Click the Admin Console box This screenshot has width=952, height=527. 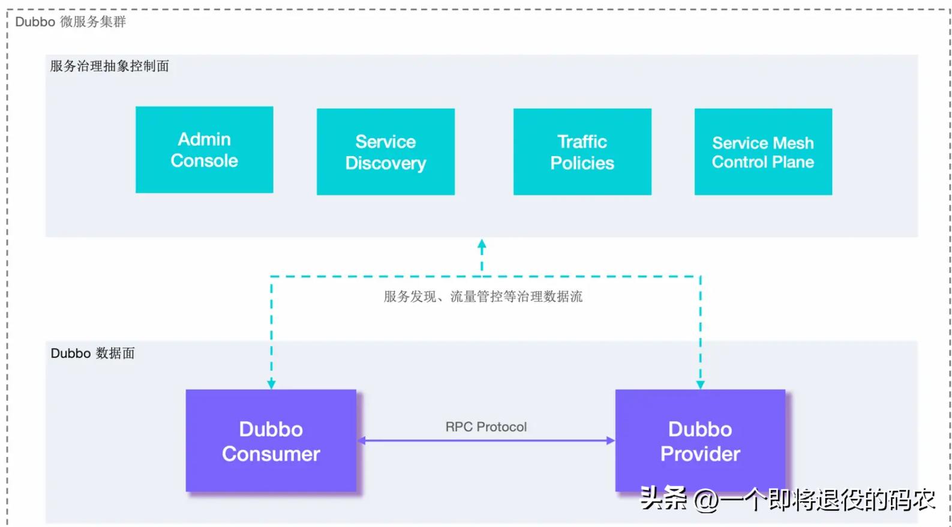coord(204,149)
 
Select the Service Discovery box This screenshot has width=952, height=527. coord(385,152)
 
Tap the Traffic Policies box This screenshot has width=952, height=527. coord(582,152)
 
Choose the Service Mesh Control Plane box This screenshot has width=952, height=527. coord(762,152)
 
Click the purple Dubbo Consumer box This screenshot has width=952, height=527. coord(271,441)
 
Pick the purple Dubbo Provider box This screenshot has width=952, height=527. coord(699,441)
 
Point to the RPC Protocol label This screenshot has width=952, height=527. coord(486,427)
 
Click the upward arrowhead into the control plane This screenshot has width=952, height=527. coord(482,244)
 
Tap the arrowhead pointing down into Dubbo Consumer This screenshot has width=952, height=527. coord(271,384)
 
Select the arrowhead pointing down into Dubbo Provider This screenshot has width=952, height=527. coord(700,384)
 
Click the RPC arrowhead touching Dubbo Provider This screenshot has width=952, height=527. coord(611,441)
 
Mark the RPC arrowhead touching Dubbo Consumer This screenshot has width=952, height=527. coord(362,441)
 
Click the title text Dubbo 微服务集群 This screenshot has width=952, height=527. coord(70,22)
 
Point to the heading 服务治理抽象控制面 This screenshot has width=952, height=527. coord(109,66)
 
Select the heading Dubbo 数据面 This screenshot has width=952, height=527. coord(92,353)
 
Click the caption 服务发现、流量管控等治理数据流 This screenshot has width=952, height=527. coord(483,297)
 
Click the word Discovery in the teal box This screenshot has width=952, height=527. coord(385,163)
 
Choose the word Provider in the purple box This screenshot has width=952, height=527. coord(699,454)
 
